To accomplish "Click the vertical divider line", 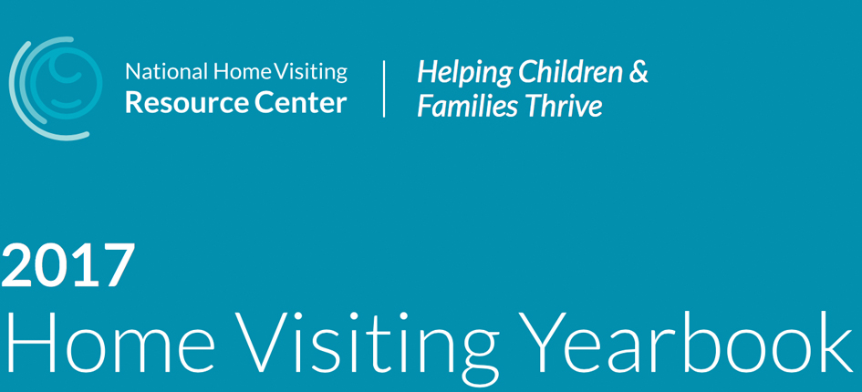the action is pyautogui.click(x=384, y=88).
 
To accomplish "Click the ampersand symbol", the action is pyautogui.click(x=639, y=73).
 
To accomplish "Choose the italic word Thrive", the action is pyautogui.click(x=563, y=106).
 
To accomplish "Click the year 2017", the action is pyautogui.click(x=68, y=265).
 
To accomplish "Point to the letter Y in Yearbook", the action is pyautogui.click(x=545, y=342).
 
